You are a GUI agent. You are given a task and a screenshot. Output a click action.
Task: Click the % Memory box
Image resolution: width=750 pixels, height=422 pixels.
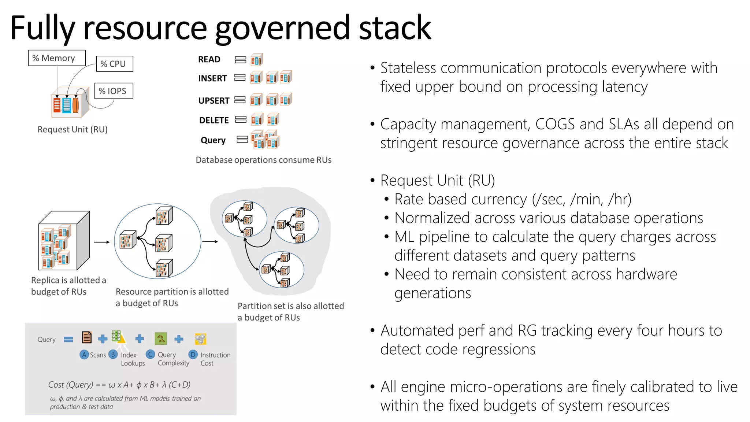(57, 58)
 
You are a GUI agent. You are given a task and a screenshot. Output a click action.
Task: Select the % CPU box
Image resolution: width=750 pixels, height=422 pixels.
(114, 64)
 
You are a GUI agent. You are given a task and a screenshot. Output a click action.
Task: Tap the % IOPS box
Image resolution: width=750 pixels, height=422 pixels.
(114, 91)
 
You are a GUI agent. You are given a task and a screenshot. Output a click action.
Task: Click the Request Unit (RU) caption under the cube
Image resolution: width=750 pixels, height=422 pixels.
(73, 129)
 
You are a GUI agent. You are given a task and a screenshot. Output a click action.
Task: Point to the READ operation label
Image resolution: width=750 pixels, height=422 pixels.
(209, 59)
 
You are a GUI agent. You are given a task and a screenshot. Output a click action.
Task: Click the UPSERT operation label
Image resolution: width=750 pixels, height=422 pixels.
(214, 100)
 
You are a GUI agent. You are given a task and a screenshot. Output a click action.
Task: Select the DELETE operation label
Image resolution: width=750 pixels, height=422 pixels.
(214, 120)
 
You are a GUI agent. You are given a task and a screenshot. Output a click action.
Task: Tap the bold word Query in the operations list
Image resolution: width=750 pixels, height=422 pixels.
(213, 140)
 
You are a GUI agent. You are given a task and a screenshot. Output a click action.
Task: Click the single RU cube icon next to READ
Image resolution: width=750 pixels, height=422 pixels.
(257, 60)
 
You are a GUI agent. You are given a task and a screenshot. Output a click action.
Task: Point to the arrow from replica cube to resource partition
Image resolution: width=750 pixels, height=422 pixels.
(102, 242)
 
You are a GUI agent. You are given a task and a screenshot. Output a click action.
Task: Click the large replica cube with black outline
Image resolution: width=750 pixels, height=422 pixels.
(64, 241)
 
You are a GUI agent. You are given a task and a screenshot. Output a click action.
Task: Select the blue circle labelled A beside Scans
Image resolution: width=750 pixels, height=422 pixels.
(84, 354)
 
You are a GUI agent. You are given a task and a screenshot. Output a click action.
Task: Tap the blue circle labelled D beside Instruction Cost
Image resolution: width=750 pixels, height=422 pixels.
(193, 354)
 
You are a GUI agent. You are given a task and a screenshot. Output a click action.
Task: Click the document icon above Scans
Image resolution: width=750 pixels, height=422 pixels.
(87, 337)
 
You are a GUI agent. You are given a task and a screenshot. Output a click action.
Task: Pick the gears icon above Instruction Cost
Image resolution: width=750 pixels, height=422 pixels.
(200, 338)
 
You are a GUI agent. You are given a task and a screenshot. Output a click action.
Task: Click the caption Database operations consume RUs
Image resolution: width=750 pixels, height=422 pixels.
(263, 160)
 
